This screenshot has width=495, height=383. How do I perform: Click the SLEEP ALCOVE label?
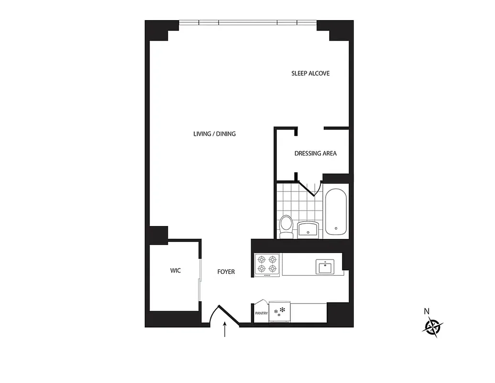pyautogui.click(x=310, y=73)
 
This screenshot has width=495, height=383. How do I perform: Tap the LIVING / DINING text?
pyautogui.click(x=214, y=134)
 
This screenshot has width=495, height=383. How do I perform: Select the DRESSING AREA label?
pyautogui.click(x=315, y=153)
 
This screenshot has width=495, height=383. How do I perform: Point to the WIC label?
pyautogui.click(x=176, y=270)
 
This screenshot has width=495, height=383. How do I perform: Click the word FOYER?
pyautogui.click(x=226, y=272)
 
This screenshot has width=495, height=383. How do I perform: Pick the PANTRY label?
pyautogui.click(x=261, y=314)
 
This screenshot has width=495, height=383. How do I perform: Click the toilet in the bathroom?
pyautogui.click(x=286, y=226)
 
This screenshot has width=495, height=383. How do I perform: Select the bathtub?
pyautogui.click(x=336, y=212)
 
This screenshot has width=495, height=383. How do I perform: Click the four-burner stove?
pyautogui.click(x=267, y=264)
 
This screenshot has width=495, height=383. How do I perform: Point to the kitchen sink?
pyautogui.click(x=325, y=267)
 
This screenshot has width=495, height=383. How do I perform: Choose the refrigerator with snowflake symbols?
pyautogui.click(x=279, y=312)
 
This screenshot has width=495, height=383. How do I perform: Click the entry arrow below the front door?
pyautogui.click(x=225, y=330)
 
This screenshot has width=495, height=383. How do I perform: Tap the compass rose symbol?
pyautogui.click(x=433, y=327)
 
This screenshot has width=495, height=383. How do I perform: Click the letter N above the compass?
pyautogui.click(x=427, y=311)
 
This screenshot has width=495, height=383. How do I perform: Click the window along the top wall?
pyautogui.click(x=248, y=22)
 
